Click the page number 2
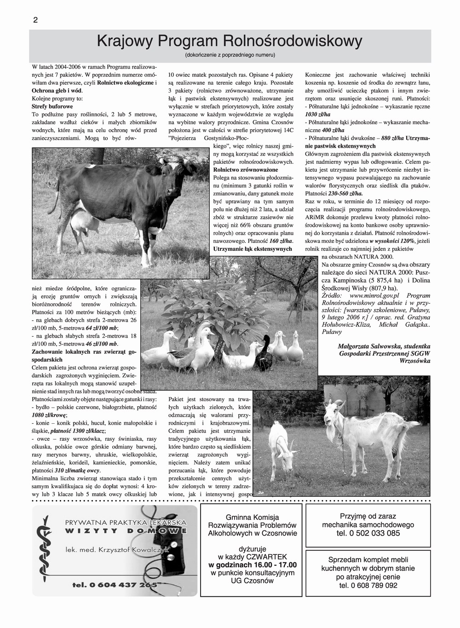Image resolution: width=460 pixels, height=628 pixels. click(35, 20)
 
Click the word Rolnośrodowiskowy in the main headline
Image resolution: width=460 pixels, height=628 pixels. click(292, 42)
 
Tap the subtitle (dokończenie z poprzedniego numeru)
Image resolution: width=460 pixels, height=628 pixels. click(230, 56)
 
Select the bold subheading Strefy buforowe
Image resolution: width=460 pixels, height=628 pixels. click(52, 107)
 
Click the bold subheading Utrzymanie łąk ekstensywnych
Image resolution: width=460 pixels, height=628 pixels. click(253, 249)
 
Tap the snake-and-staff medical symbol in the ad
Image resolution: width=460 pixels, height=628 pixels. click(44, 547)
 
